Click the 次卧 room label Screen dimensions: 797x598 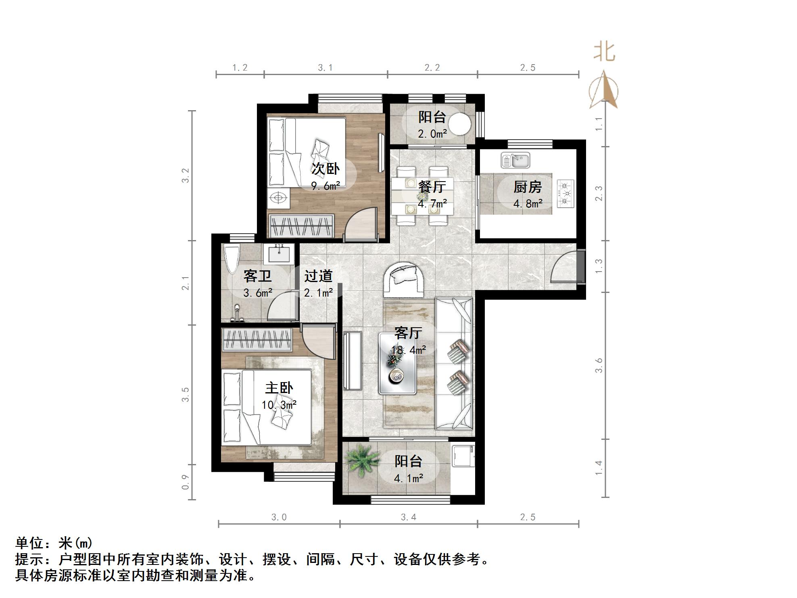pos(325,169)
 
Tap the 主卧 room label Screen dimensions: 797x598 pos(279,388)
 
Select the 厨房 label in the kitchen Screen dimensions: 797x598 pos(528,187)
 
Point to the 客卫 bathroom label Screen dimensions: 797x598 pos(257,276)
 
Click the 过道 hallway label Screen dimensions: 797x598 pos(318,276)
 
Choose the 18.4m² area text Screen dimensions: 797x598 pos(408,350)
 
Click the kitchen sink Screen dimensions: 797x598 pos(515,160)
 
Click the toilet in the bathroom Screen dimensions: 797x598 pos(232,259)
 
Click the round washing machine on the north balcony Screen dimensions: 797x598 pos(460,124)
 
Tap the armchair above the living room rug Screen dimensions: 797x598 pos(404,279)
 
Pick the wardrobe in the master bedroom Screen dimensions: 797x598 pos(257,340)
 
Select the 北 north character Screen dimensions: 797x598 pos(604,52)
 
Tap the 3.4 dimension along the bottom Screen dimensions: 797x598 pos(408,517)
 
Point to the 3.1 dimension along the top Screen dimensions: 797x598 pos(325,68)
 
